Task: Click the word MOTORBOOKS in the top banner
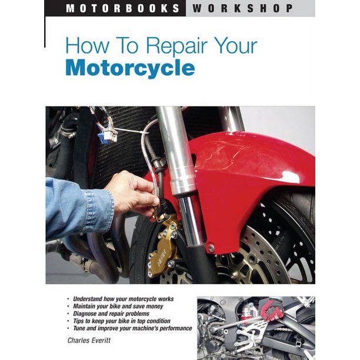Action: pyautogui.click(x=124, y=8)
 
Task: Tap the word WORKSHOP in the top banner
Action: pyautogui.click(x=242, y=8)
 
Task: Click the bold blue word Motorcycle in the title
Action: pyautogui.click(x=130, y=69)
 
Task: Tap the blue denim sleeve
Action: pyautogui.click(x=76, y=206)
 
